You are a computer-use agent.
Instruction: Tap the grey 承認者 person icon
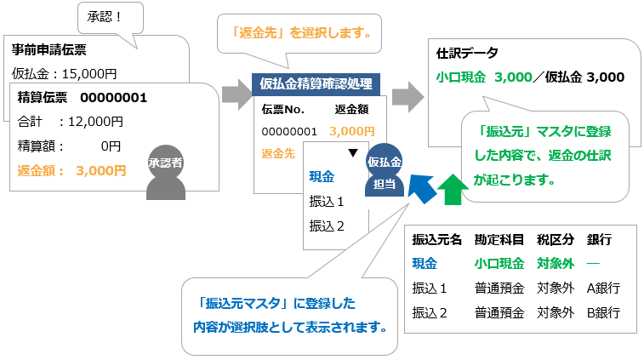165,171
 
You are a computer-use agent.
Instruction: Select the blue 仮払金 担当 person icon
384,169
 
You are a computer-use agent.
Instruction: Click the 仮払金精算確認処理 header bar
316,83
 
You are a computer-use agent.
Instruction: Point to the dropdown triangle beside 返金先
352,153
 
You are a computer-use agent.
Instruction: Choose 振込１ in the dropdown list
327,203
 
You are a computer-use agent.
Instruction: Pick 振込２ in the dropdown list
327,226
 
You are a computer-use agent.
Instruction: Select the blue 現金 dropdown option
322,177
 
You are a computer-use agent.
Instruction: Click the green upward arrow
455,190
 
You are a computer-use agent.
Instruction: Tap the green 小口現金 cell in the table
499,264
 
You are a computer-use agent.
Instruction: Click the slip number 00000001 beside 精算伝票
114,97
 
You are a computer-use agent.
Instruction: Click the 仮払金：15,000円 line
65,74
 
